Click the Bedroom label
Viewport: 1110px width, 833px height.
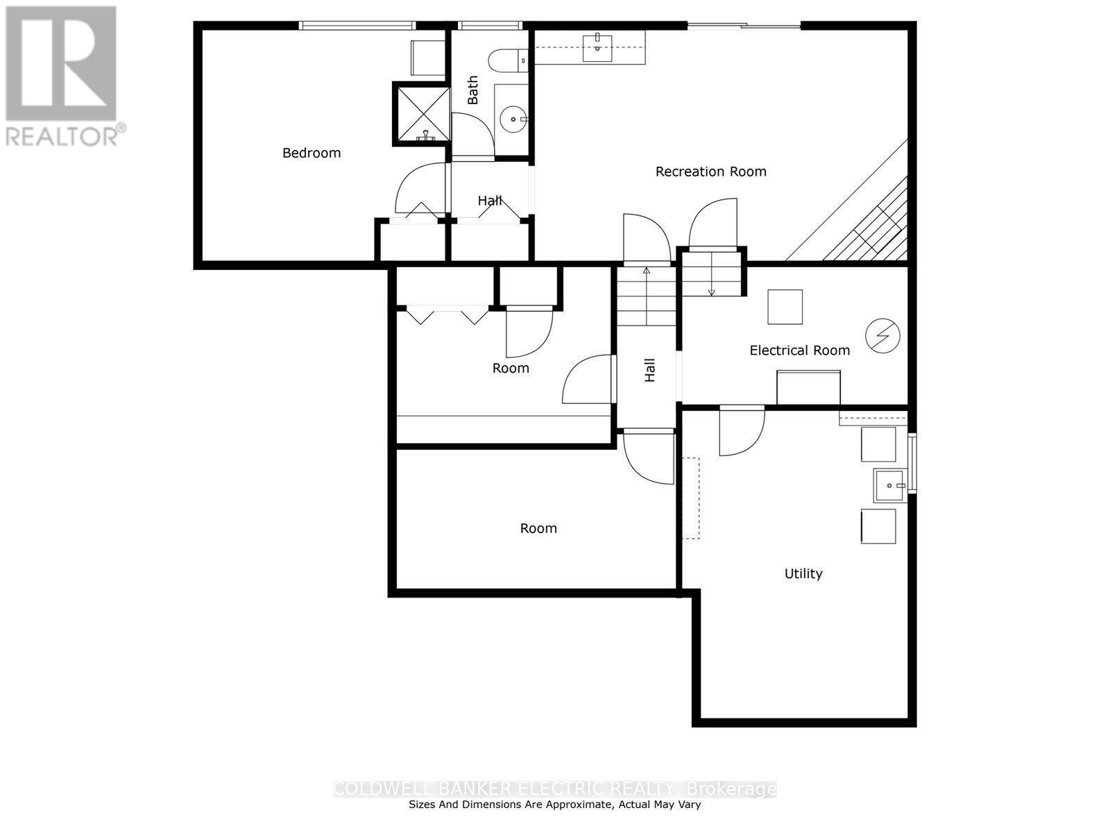311,153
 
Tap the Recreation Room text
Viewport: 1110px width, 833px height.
710,171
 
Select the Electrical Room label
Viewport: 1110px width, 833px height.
799,351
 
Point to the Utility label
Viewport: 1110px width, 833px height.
803,573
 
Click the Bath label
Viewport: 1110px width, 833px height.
473,90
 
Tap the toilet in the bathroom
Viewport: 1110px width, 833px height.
508,61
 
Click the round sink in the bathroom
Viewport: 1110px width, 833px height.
513,119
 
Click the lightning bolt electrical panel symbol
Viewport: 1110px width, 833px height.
882,336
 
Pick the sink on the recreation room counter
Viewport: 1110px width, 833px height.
597,47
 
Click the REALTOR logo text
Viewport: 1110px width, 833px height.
66,134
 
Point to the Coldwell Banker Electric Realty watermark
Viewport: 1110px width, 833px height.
554,789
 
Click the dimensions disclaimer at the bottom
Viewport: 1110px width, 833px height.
554,805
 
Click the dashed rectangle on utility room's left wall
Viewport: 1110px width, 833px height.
690,498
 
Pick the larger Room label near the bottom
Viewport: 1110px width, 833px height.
538,528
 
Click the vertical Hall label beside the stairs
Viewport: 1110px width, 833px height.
650,370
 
